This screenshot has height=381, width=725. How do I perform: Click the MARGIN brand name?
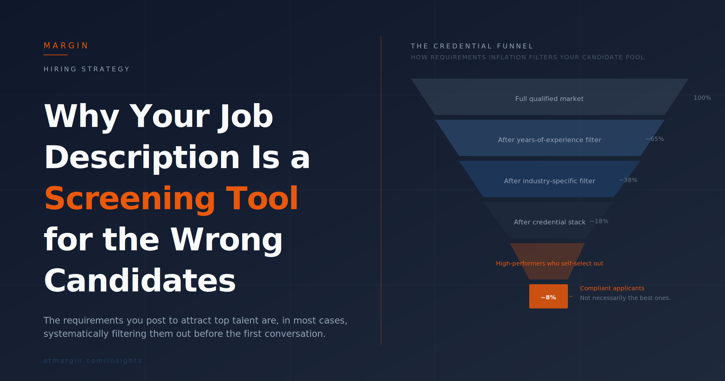66,46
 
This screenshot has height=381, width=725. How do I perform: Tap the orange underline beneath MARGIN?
56,55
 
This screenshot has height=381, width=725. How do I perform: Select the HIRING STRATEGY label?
87,69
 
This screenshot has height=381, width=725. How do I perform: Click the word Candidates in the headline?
140,281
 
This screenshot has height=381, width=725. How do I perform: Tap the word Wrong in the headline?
227,240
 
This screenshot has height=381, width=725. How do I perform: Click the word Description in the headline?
142,158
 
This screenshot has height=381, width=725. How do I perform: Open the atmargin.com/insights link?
92,361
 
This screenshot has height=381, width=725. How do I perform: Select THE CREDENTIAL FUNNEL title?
472,46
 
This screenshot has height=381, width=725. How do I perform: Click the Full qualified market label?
549,99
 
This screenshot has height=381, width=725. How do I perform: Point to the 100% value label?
702,98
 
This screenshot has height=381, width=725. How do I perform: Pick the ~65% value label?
655,139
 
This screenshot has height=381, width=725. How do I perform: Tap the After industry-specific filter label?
549,181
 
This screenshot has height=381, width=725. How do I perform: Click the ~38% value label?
628,180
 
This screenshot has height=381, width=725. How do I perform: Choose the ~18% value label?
599,221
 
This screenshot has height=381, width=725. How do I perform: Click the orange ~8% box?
548,297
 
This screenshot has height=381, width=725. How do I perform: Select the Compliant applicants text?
612,288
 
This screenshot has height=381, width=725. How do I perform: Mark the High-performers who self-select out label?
549,264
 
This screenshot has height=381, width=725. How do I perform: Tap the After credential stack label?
549,222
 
